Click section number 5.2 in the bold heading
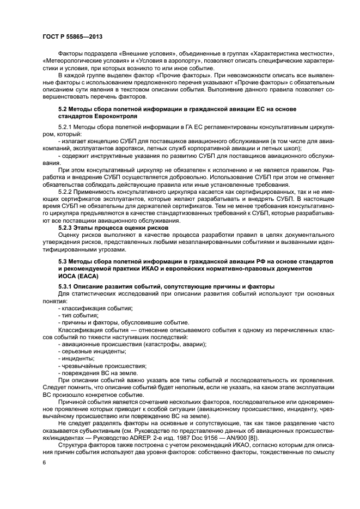point(63,109)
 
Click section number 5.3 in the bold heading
point(63,262)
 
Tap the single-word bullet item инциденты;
point(77,358)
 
